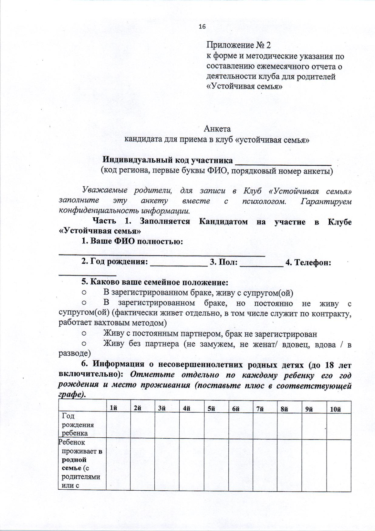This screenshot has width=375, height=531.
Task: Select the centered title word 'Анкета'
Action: coord(217,129)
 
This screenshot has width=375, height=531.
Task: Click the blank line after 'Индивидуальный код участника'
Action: coord(283,161)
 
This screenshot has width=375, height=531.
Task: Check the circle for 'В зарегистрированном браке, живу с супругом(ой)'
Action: coord(84,293)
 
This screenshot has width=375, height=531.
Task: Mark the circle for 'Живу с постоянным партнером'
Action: coord(84,334)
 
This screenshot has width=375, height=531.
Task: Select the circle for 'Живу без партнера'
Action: coord(84,344)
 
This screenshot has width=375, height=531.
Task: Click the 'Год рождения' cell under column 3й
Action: coord(167,425)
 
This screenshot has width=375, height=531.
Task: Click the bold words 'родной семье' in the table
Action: coord(74,464)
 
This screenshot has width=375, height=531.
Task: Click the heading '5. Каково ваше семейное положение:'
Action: coord(155,282)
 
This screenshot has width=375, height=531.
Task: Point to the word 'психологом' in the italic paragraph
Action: coord(263,201)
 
